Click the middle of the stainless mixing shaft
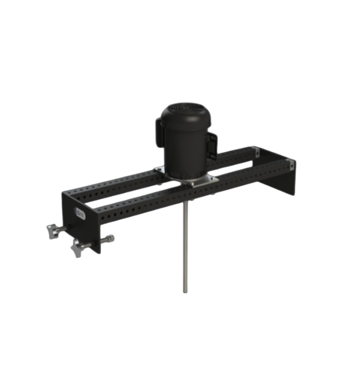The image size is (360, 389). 185,249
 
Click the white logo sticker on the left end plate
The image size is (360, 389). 79,213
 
